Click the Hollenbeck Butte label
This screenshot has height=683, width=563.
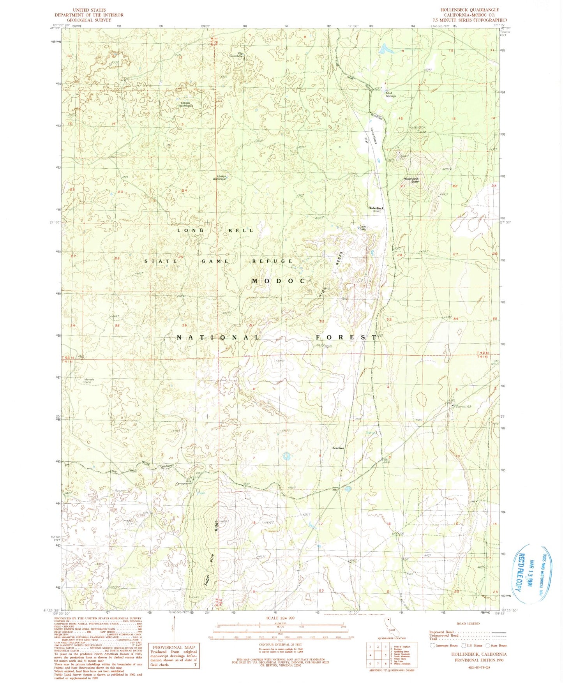coord(411,180)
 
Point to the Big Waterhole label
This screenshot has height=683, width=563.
coord(236,55)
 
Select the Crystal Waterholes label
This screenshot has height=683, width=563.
coord(185,104)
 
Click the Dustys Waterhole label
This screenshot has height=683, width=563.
coord(219,177)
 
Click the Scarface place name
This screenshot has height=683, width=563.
coord(338,448)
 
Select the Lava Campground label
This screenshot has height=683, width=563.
coord(186,482)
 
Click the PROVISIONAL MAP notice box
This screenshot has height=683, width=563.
coord(174,655)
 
